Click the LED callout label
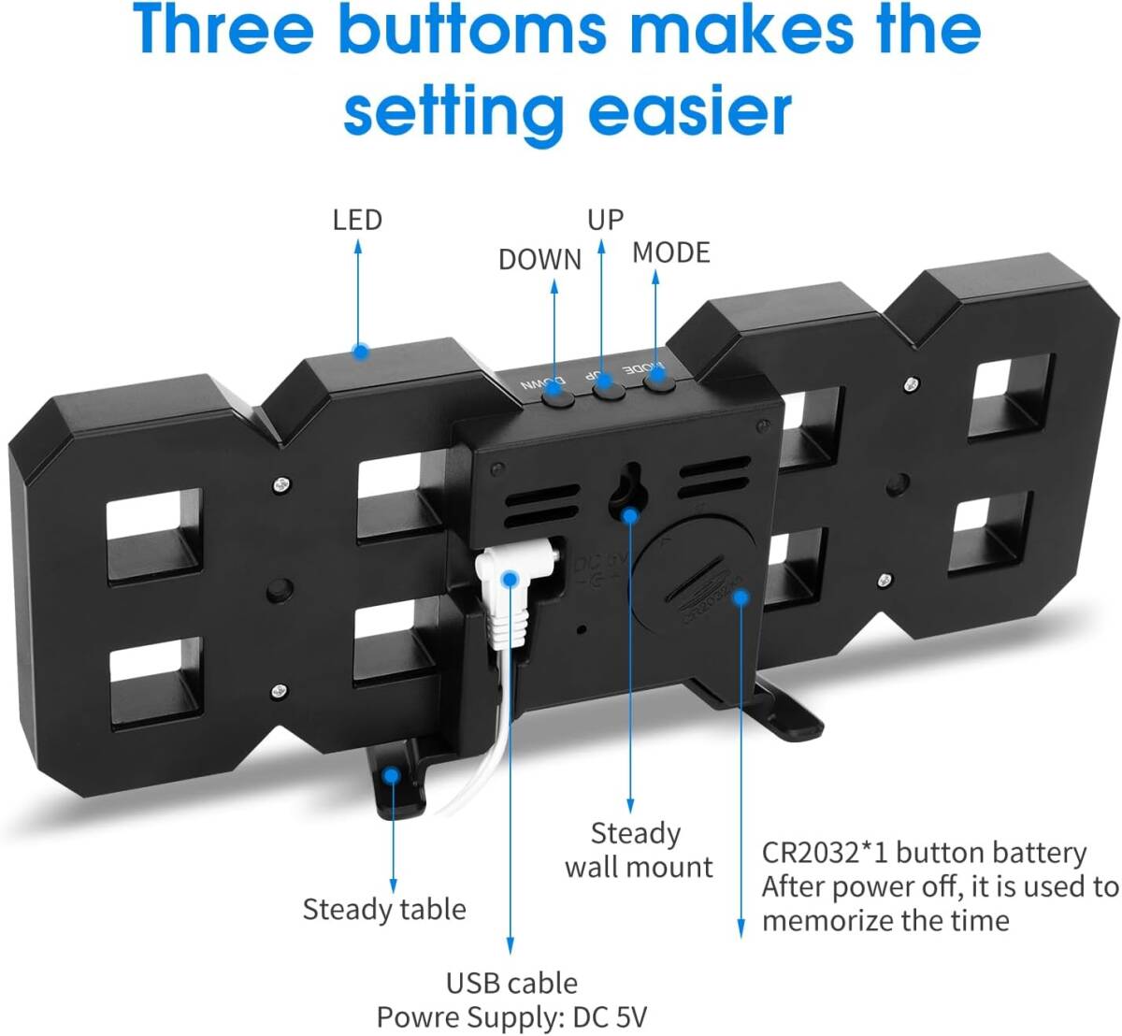pos(357,220)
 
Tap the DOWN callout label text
pos(540,260)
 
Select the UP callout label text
pos(606,220)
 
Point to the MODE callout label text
pos(671,252)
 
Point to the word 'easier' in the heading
pos(690,110)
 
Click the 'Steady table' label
pos(384,910)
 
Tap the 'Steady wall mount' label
pos(639,850)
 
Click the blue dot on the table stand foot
pos(391,775)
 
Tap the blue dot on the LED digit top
pos(360,352)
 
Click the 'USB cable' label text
pos(511,984)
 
